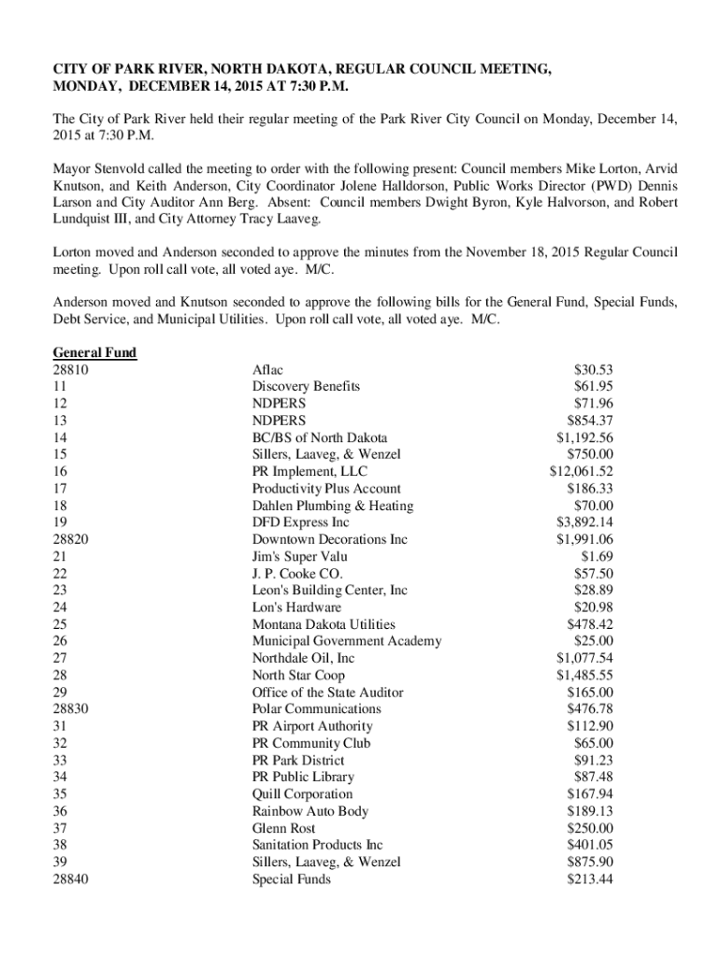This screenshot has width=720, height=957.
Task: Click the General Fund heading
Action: pyautogui.click(x=94, y=352)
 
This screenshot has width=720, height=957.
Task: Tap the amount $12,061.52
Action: pyautogui.click(x=581, y=472)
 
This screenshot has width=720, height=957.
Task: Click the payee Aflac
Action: pyautogui.click(x=267, y=370)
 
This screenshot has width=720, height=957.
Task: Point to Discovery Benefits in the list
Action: pyautogui.click(x=306, y=387)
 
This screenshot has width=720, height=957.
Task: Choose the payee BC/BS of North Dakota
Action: pyautogui.click(x=319, y=437)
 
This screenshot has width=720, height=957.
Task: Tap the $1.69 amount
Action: pyautogui.click(x=597, y=556)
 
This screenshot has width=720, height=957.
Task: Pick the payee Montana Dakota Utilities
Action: pyautogui.click(x=324, y=624)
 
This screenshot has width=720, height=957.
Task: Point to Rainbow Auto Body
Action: pyautogui.click(x=310, y=811)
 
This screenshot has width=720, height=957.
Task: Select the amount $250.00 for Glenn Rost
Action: pyautogui.click(x=590, y=828)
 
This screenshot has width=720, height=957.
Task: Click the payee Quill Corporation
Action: pyautogui.click(x=302, y=794)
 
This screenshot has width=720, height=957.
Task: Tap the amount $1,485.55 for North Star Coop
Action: pyautogui.click(x=584, y=675)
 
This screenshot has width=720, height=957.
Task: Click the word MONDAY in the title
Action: pyautogui.click(x=85, y=88)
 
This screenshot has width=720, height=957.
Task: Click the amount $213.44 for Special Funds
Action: pyautogui.click(x=590, y=879)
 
